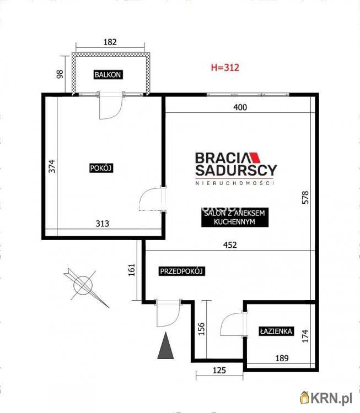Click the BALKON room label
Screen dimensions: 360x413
coord(108,75)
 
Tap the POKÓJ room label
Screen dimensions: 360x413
coord(101,168)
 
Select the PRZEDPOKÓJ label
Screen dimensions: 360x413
coord(182,271)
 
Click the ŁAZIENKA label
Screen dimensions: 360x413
coord(276,331)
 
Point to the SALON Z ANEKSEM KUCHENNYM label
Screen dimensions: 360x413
coord(235,218)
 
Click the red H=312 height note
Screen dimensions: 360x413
coord(225,67)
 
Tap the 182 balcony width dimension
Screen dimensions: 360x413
coord(110,42)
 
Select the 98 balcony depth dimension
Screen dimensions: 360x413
coord(60,74)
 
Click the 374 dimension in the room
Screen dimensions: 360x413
coord(52,166)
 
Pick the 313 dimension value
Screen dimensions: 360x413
coord(103,224)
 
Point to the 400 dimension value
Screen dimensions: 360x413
coord(240,107)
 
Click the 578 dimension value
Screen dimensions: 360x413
coord(305,198)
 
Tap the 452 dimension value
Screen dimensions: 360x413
coord(230,245)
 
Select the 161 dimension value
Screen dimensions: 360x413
coord(132,270)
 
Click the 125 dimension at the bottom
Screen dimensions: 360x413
coord(219,371)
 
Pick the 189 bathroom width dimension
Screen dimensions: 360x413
coord(282,358)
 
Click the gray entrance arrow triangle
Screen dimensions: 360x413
coord(165,346)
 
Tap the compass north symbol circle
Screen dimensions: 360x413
coord(83,285)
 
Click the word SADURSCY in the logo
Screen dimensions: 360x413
coord(236,170)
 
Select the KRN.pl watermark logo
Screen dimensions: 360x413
coord(326,398)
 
